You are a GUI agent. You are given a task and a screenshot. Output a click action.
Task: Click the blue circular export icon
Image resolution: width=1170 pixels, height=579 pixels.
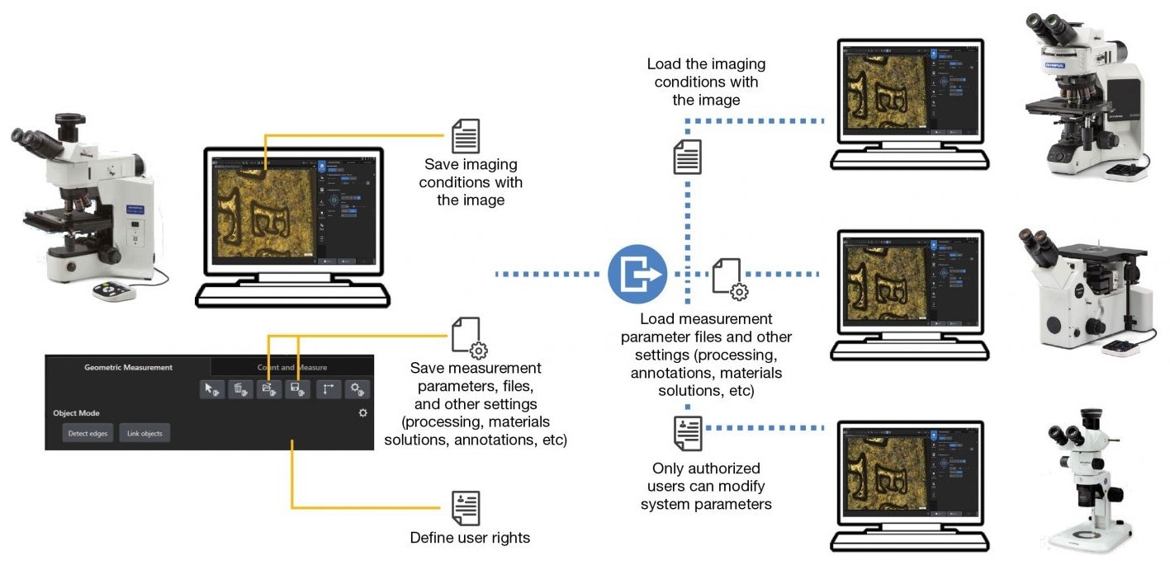(x=637, y=274)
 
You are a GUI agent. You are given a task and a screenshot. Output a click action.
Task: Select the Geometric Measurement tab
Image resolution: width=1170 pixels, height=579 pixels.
(x=129, y=367)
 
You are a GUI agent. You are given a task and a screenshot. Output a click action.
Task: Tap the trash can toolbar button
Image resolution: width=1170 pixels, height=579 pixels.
(x=241, y=389)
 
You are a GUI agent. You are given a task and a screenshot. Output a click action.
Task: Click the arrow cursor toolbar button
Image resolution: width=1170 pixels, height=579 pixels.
(x=212, y=389)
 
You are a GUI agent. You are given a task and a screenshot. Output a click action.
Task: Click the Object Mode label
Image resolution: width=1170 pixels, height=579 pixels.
(x=76, y=412)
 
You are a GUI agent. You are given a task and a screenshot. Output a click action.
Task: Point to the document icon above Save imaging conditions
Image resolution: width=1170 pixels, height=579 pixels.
(x=466, y=137)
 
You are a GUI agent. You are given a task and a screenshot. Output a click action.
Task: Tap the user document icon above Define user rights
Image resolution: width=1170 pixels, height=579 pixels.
(x=466, y=508)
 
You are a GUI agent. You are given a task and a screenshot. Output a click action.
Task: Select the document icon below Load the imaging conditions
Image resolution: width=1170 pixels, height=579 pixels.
(x=688, y=157)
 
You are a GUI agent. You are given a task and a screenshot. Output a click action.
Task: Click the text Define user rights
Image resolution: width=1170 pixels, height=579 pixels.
(x=470, y=538)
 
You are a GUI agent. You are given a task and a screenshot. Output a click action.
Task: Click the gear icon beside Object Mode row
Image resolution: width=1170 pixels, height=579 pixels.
(x=362, y=412)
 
